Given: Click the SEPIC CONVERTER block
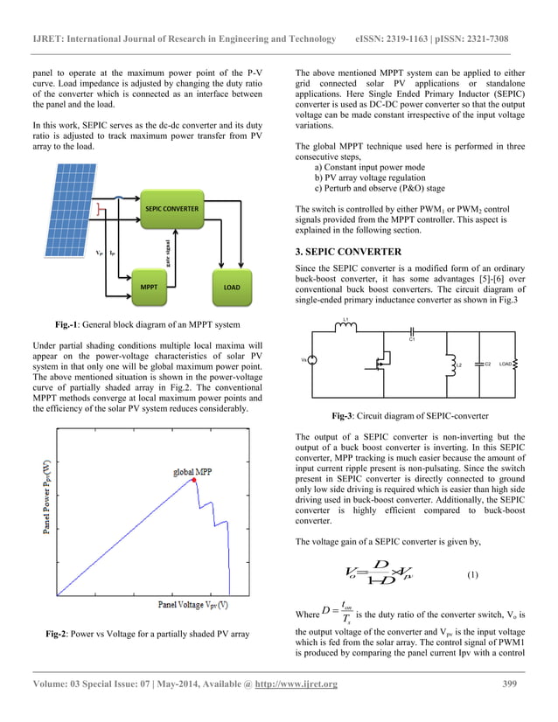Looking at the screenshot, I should tap(172, 210).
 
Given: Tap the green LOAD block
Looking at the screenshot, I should tap(232, 287).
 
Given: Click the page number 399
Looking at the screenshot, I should tap(514, 707).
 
